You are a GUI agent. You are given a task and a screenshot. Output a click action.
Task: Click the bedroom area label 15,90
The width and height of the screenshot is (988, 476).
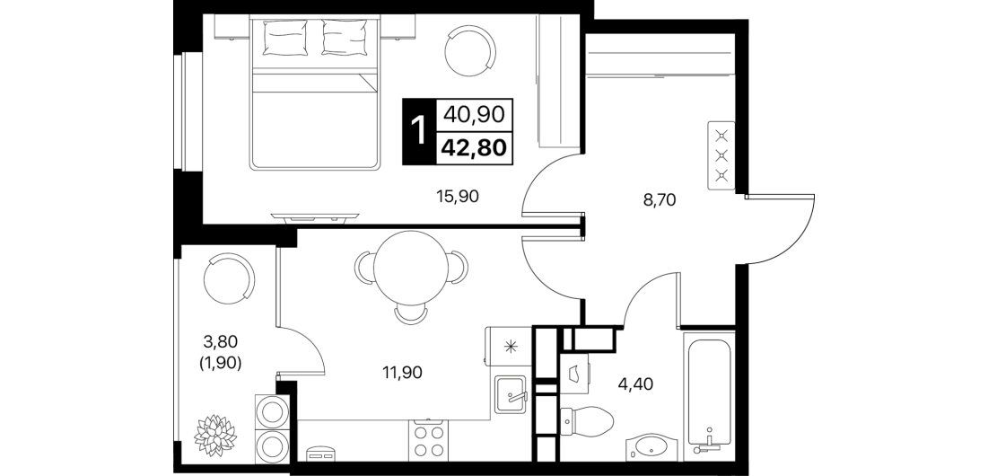click(458, 197)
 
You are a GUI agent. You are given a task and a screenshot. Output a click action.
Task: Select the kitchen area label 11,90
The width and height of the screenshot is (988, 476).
click(401, 372)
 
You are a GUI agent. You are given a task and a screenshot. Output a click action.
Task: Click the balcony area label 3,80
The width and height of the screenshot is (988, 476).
click(221, 341)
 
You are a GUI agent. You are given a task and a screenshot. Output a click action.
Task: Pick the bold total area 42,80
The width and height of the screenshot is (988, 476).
click(473, 147)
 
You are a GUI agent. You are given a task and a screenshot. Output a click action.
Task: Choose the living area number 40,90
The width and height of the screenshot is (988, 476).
click(473, 114)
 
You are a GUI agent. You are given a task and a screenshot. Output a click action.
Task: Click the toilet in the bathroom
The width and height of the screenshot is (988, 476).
click(587, 418)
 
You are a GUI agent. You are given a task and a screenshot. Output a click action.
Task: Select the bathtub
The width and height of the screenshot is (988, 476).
click(710, 394)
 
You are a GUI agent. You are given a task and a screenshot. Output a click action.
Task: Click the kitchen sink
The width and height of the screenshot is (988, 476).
click(511, 394)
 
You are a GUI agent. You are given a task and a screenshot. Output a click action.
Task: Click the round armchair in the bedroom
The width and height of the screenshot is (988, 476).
click(471, 52)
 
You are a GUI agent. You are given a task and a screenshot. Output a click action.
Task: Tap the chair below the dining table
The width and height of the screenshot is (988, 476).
click(410, 314)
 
